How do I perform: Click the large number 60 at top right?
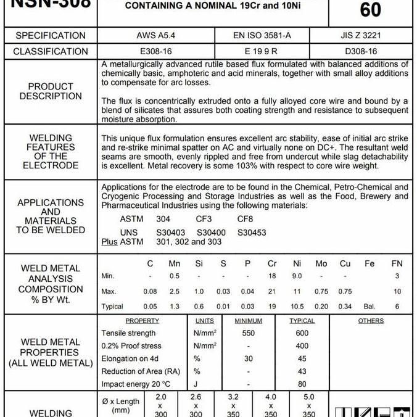370,9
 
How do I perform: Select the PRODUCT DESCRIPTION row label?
51,91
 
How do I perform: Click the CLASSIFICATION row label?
51,51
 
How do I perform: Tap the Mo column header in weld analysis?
321,263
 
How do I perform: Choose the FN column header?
397,263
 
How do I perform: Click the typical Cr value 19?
272,307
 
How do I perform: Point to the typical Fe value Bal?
370,307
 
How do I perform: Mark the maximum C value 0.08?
150,291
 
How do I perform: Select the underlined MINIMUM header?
248,321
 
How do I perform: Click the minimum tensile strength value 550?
248,333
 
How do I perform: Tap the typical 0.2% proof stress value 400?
302,346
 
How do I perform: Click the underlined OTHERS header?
371,321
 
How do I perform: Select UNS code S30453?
252,233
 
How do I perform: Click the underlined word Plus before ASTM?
109,242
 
